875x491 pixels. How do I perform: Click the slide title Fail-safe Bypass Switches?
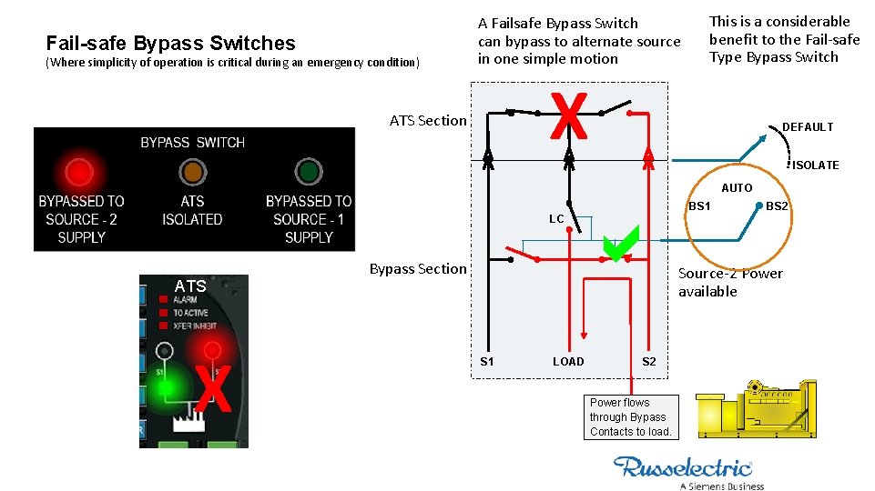[170, 43]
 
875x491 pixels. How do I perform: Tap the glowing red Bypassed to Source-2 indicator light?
[79, 171]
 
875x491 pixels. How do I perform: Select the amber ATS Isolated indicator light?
[192, 171]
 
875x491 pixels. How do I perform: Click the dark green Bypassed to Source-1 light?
[309, 171]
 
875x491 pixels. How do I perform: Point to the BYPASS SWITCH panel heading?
[192, 143]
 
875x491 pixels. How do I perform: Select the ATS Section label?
[427, 120]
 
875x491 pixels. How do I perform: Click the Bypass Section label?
[417, 268]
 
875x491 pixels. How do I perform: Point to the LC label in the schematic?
[556, 219]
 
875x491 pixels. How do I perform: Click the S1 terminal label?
[487, 362]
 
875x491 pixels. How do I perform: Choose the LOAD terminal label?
[568, 362]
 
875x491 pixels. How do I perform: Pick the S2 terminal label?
[649, 362]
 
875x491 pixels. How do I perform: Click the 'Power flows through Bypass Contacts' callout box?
[630, 416]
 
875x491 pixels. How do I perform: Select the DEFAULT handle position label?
[807, 127]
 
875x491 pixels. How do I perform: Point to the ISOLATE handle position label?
[815, 165]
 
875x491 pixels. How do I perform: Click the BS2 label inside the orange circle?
[777, 206]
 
